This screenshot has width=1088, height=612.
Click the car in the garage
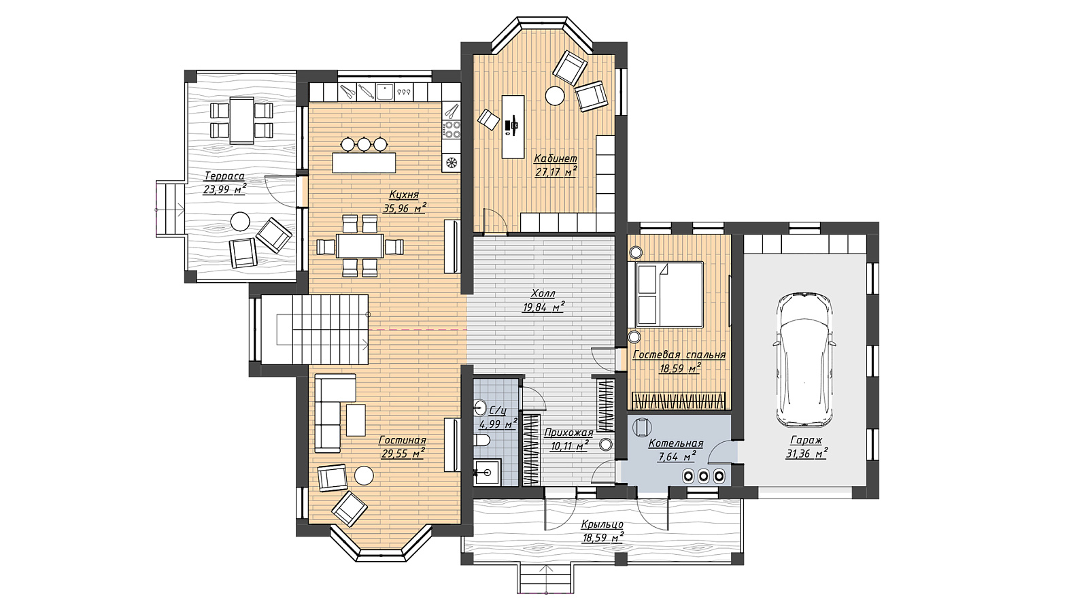[804, 360]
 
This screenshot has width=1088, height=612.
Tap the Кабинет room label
[556, 158]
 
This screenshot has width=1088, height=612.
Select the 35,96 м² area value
[405, 208]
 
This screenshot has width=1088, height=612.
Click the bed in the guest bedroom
[666, 294]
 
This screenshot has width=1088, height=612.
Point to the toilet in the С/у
[481, 441]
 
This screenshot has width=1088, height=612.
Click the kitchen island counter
[364, 163]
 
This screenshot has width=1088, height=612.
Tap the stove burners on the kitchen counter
[452, 129]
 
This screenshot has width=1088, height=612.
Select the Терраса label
[224, 176]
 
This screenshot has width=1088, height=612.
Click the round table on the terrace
[240, 222]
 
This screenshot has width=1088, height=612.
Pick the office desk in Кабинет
[513, 126]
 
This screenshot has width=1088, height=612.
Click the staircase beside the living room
[314, 329]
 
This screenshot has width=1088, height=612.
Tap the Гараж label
[806, 440]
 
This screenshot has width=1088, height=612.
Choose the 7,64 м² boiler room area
[677, 456]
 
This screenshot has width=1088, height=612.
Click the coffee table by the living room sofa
[356, 420]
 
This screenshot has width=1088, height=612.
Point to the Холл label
[543, 293]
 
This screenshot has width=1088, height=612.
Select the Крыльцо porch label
[602, 524]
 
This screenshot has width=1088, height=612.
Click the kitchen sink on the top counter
[385, 91]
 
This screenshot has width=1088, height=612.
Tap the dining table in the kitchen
[360, 246]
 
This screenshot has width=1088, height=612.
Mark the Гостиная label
[402, 440]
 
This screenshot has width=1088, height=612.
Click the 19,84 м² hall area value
[543, 307]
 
